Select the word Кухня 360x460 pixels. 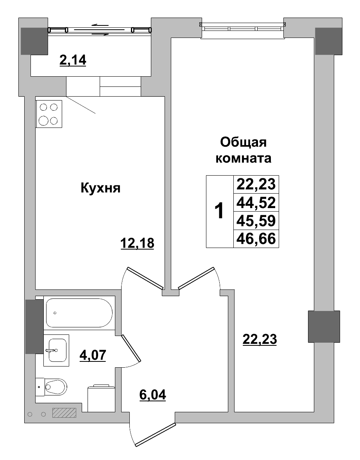click(100, 188)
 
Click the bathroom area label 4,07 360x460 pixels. click(93, 356)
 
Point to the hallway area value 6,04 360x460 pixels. click(153, 395)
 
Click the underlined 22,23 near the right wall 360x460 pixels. click(260, 339)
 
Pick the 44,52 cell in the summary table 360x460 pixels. click(256, 203)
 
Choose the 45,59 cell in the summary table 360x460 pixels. click(256, 221)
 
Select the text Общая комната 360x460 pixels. click(244, 150)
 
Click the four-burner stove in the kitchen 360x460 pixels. click(49, 114)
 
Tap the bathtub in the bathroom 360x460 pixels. click(79, 313)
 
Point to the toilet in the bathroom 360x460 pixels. click(53, 387)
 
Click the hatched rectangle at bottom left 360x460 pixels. click(64, 413)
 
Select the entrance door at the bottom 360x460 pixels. click(153, 435)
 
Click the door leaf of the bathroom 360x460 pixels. click(131, 348)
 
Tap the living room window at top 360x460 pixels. click(242, 28)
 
